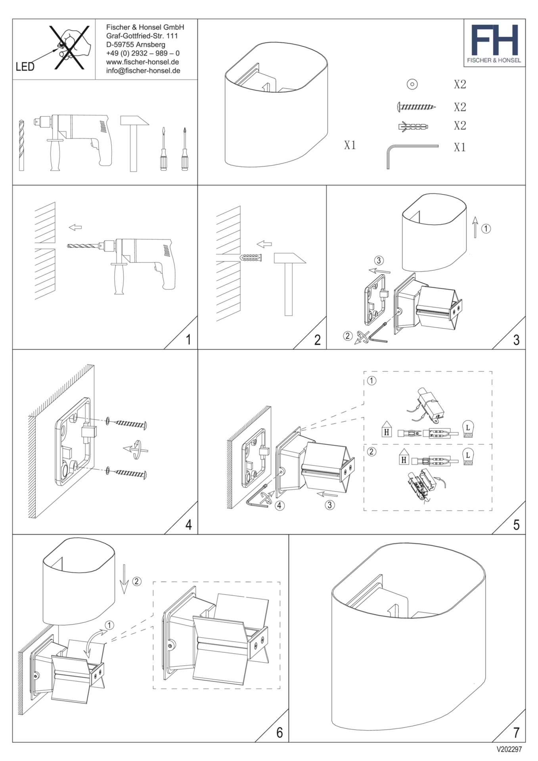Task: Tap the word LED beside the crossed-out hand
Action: pos(25,67)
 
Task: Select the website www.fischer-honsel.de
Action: pos(142,62)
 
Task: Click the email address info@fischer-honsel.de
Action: pos(143,71)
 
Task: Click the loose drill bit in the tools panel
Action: pos(21,145)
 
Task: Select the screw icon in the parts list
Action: pos(416,107)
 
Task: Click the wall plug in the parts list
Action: pos(414,126)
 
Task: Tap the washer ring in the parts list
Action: pos(412,84)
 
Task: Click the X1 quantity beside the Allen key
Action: pos(460,147)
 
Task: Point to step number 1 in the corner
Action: pos(188,340)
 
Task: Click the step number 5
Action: pos(516,525)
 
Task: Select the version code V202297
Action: pos(509,749)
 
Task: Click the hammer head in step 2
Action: pos(290,258)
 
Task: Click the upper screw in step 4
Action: pos(127,424)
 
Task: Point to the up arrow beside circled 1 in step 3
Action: pos(475,227)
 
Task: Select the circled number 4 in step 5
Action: pos(280,505)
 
